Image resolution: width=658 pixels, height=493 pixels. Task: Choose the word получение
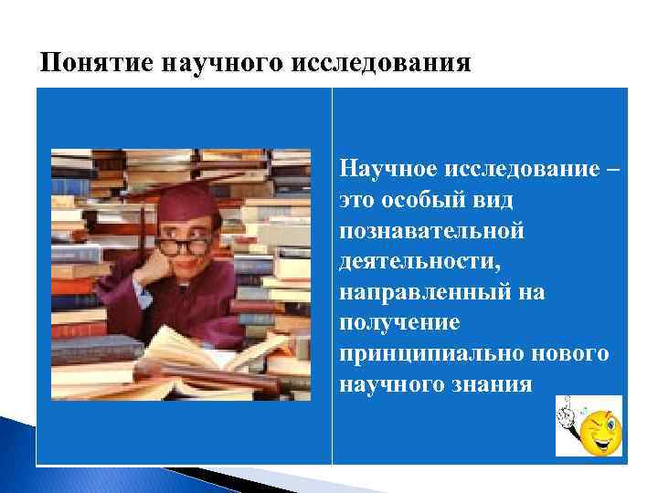tap(399, 322)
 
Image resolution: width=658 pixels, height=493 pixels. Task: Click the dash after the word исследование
tap(610, 169)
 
